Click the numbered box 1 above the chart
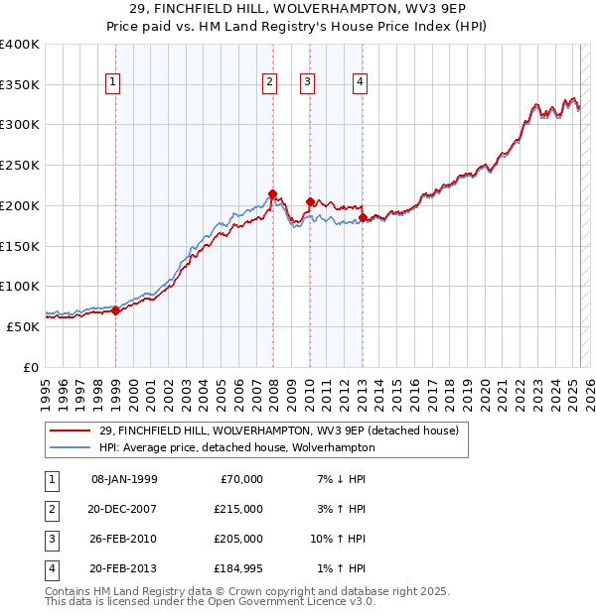coord(115,83)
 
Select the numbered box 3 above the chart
coord(308,83)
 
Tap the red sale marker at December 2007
coord(272,194)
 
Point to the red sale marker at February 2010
coord(310,202)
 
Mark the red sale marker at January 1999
coord(115,310)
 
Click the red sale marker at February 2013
coord(363,217)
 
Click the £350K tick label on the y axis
coord(20,85)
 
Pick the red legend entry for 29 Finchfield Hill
coord(278,430)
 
